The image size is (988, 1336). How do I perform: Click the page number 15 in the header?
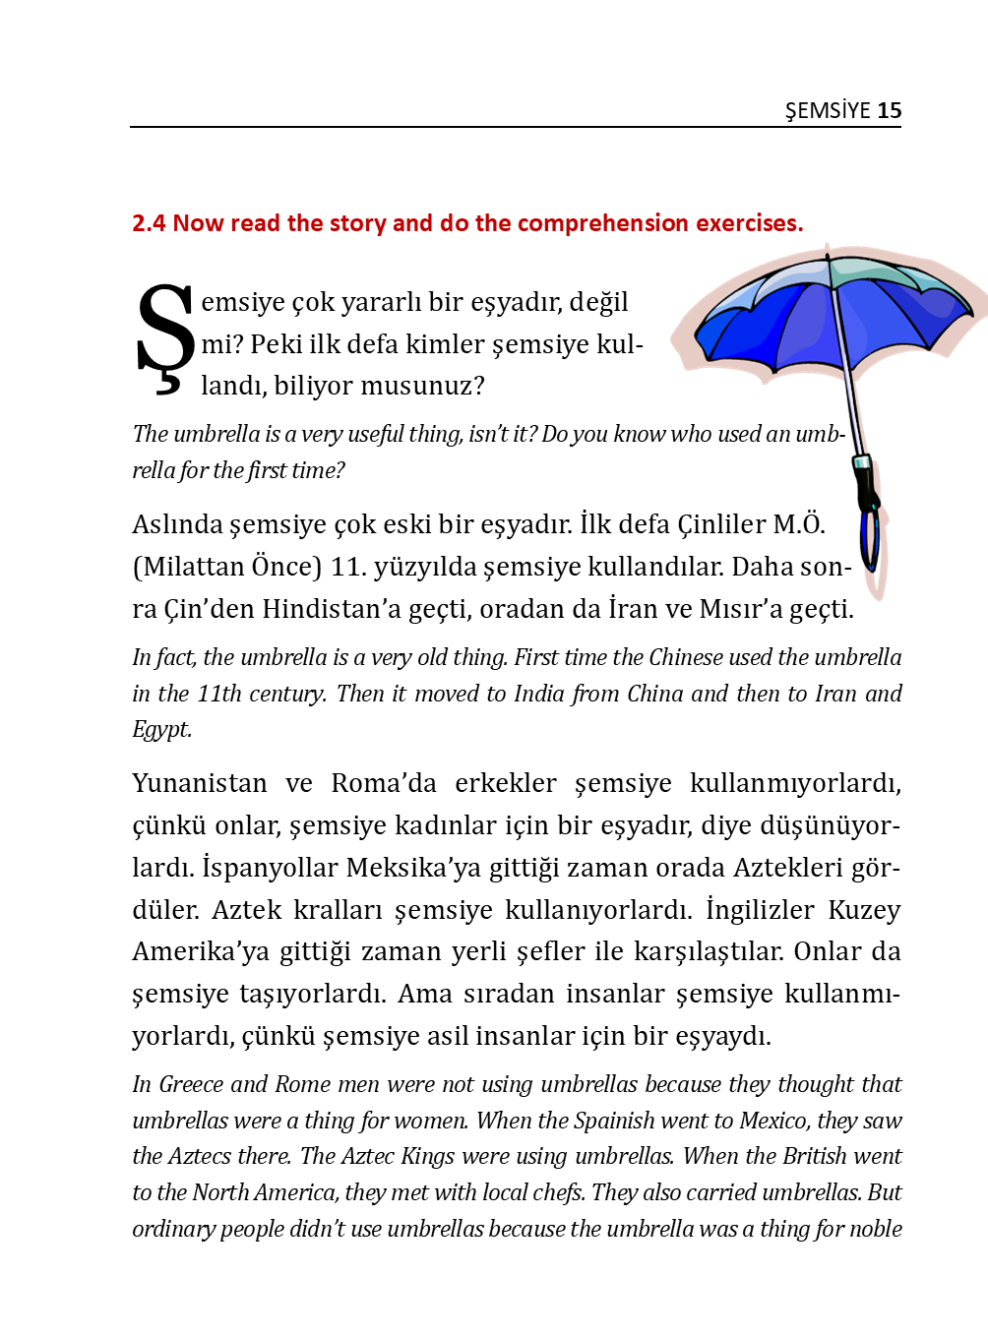[889, 110]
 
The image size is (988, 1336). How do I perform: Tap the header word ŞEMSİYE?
[828, 110]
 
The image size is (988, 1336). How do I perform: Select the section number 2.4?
[149, 223]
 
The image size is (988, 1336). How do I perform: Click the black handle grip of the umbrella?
[867, 486]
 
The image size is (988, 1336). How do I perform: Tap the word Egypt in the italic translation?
[161, 729]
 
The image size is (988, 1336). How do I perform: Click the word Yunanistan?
[200, 783]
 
